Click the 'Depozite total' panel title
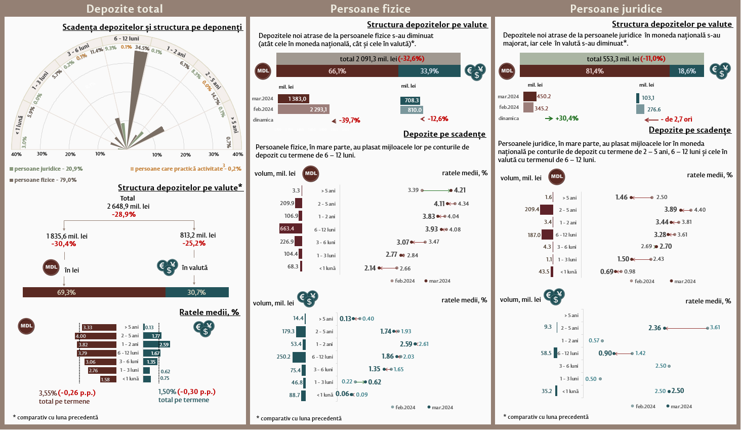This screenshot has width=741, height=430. coord(125,9)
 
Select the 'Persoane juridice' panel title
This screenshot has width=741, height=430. coord(615,9)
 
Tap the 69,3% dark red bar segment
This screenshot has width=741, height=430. coord(94,292)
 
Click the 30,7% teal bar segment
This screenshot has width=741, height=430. coord(197,292)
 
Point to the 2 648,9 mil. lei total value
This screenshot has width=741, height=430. coord(128,206)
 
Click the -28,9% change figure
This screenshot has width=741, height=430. coord(124,214)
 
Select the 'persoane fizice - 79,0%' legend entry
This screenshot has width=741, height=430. coord(44,180)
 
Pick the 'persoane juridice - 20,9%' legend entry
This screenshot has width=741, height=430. coord(46,169)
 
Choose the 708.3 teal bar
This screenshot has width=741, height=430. coord(410,100)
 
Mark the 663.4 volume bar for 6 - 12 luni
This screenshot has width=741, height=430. coord(291,228)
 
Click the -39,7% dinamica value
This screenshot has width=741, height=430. coord(349,121)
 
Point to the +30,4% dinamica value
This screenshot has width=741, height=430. coord(566,119)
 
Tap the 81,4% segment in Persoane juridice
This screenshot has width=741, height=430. coord(594,71)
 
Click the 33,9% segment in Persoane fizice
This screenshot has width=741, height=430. coord(429,71)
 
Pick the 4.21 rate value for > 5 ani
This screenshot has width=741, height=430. coord(460,190)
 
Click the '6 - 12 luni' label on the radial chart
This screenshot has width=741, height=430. coord(126,38)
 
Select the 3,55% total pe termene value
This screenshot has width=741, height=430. coord(48,393)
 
